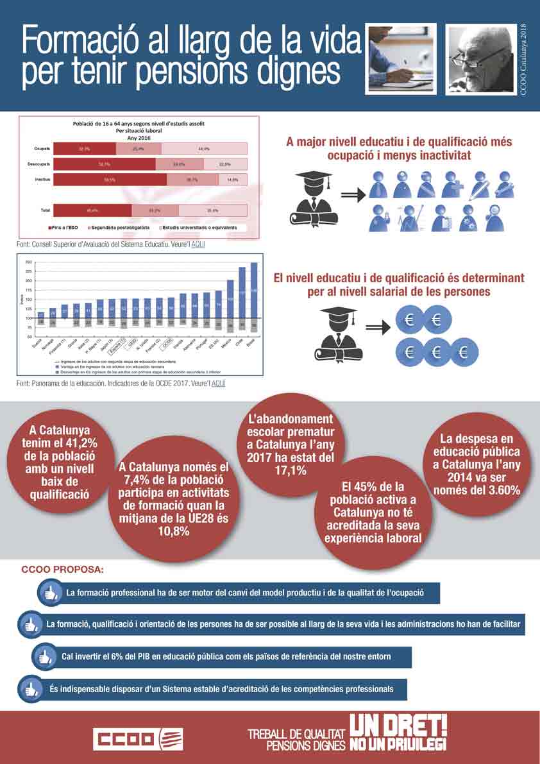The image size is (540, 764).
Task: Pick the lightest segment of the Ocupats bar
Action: click(x=204, y=149)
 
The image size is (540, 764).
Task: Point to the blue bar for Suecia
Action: click(x=41, y=315)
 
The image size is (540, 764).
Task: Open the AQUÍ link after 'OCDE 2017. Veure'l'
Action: click(x=218, y=383)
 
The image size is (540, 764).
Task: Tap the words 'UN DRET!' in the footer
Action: click(x=398, y=725)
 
